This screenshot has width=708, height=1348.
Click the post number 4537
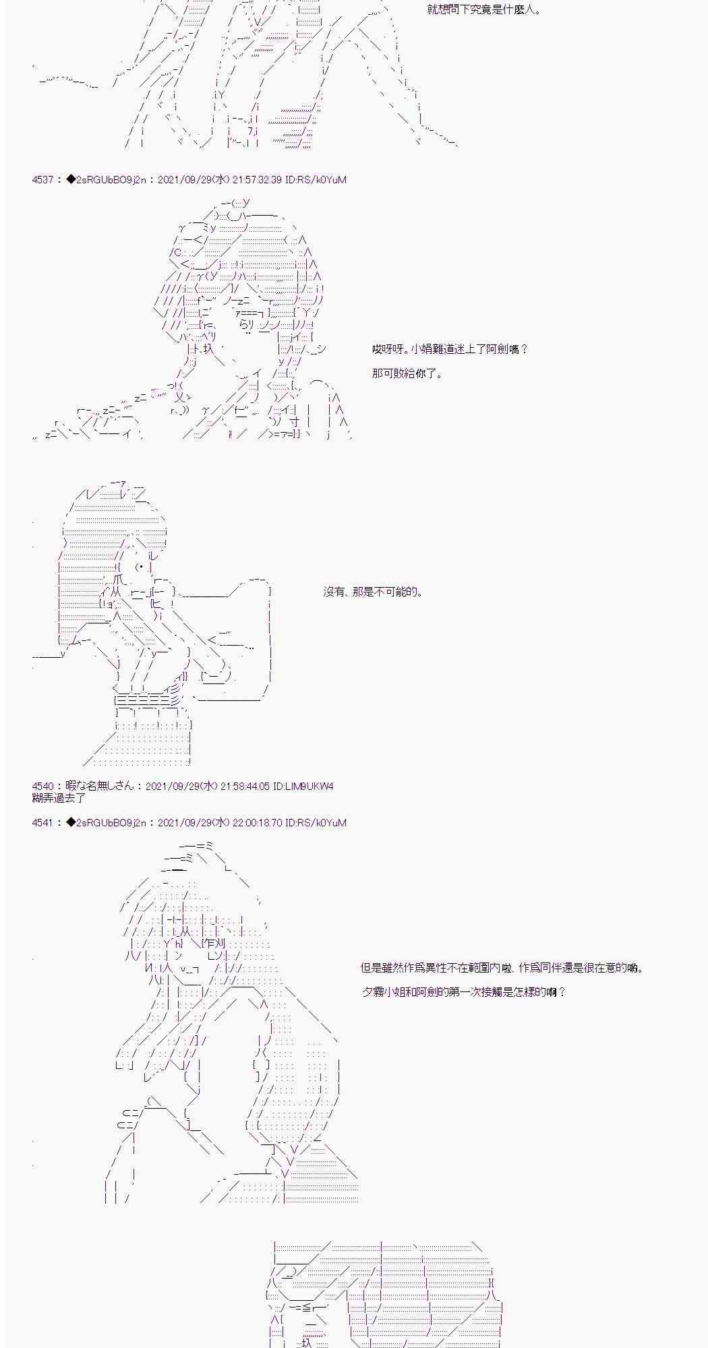pos(42,180)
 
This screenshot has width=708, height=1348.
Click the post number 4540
pos(42,787)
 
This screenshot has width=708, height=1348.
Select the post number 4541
pos(42,823)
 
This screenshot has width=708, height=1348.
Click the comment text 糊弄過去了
pos(59,798)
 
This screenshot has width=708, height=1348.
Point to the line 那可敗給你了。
pos(407,373)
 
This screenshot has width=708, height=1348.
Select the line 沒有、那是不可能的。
pos(373,592)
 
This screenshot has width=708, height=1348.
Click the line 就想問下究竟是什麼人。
pos(484,10)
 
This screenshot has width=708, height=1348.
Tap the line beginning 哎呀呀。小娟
pos(450,349)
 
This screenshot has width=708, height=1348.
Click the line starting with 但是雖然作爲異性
pos(502,969)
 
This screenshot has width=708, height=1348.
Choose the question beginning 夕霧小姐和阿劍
pos(463,992)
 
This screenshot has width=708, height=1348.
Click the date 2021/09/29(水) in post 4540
pos(182,787)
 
